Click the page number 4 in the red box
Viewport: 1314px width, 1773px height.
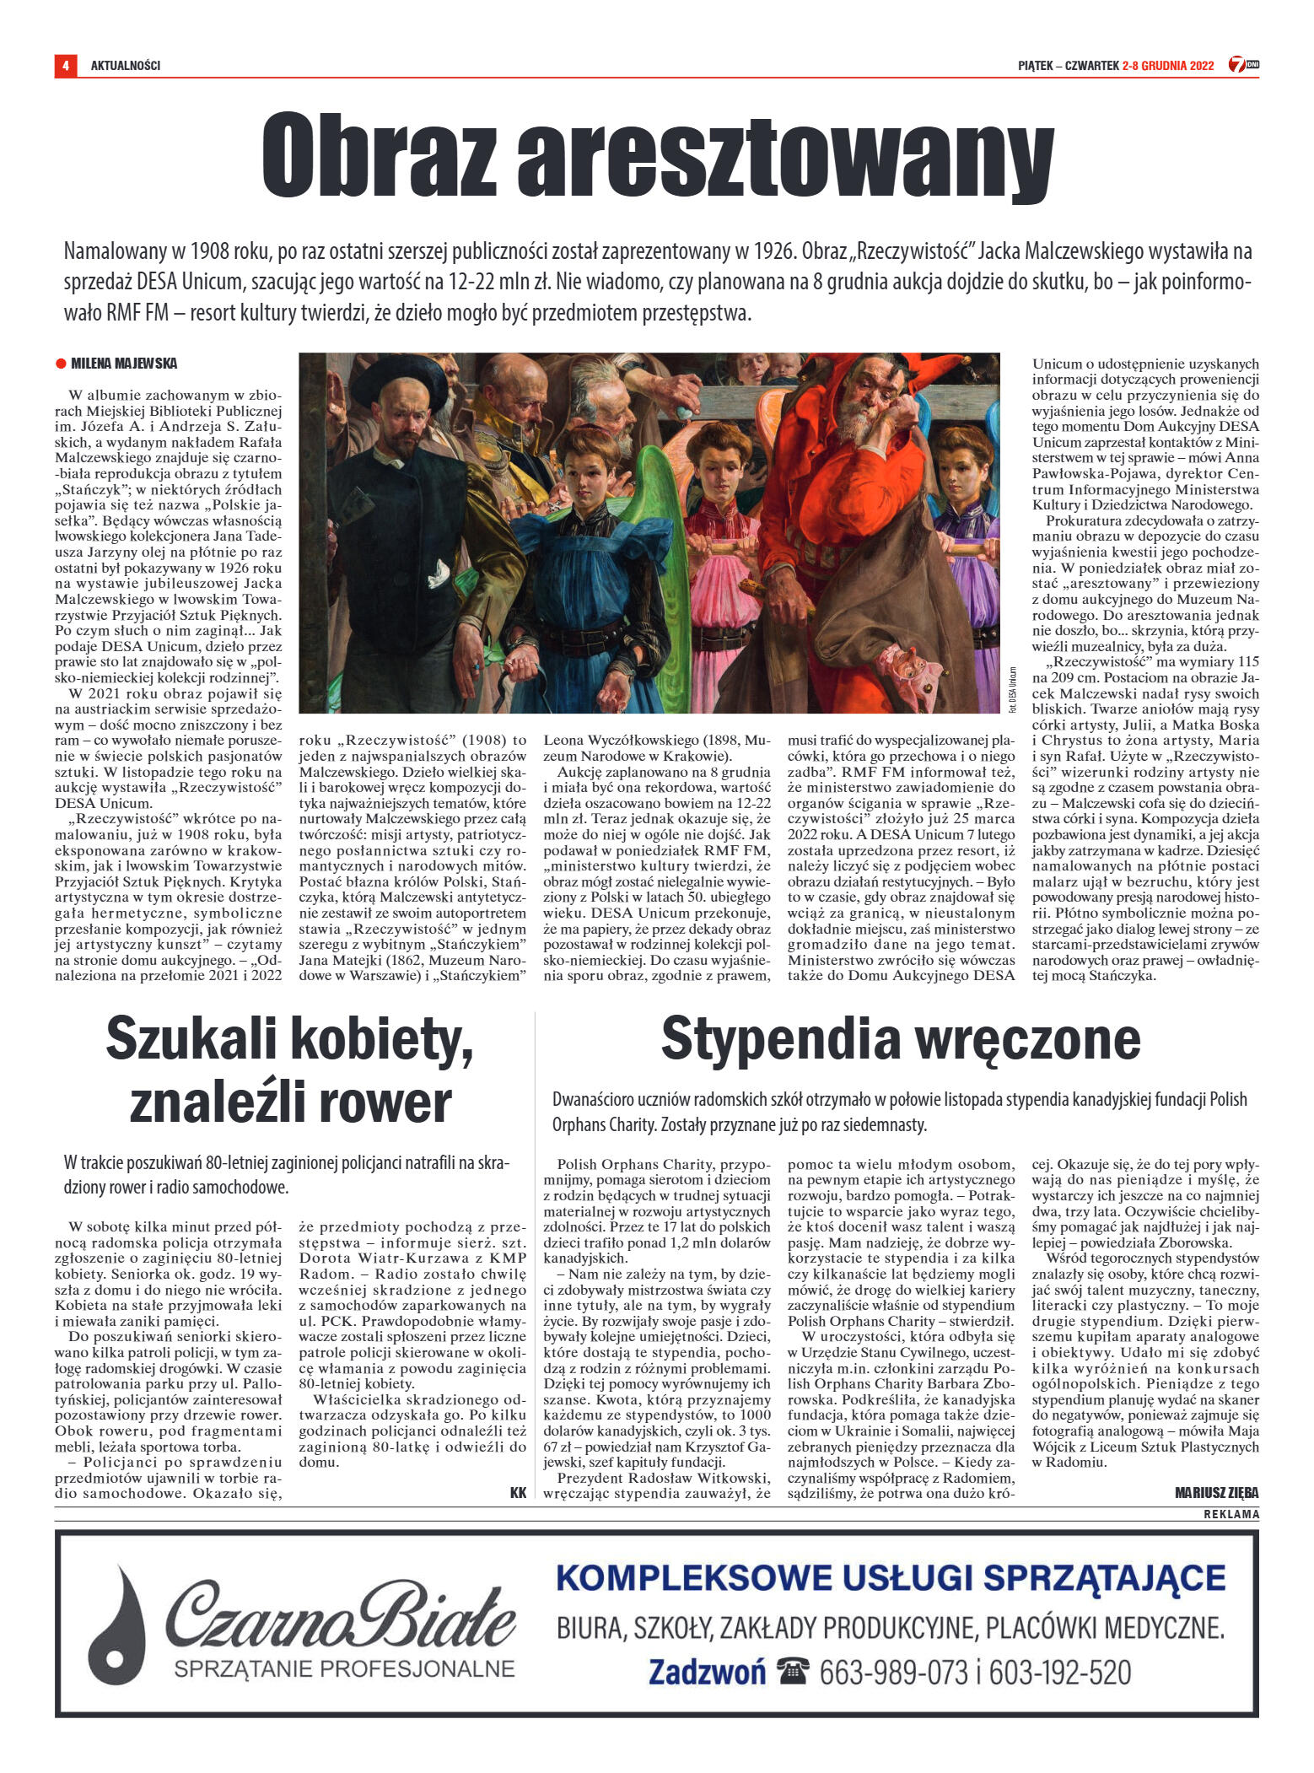coord(65,65)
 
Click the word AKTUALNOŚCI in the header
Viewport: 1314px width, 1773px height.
coord(126,66)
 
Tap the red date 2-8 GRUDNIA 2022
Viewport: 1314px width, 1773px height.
coord(1167,66)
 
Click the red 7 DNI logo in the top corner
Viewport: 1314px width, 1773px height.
coord(1243,65)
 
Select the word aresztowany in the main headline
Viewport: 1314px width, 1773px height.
coord(784,156)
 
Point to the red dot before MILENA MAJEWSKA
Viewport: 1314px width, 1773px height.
coord(61,364)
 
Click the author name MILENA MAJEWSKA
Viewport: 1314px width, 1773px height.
coord(124,364)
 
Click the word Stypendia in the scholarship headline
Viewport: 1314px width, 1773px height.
coord(779,1038)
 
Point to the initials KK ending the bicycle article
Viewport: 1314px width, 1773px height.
coord(518,1492)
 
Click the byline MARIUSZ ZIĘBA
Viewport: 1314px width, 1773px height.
coord(1216,1493)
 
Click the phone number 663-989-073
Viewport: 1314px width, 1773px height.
coord(893,1672)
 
